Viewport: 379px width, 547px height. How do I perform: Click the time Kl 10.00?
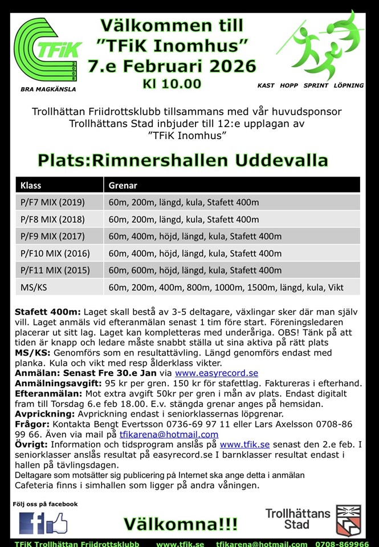tap(172, 84)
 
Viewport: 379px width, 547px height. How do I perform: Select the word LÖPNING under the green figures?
tap(348, 85)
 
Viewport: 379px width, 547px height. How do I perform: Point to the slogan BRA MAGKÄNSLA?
tap(48, 89)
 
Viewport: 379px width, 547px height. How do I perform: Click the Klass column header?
tap(31, 185)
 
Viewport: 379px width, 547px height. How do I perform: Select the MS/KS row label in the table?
tap(34, 287)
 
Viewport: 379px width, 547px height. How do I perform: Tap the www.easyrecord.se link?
tap(217, 373)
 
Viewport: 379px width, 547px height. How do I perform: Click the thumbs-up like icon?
tap(56, 522)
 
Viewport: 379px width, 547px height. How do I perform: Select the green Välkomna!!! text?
tap(180, 524)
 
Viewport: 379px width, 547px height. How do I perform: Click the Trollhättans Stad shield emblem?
tap(348, 520)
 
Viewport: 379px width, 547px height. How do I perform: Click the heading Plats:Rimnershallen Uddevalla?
tap(182, 160)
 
